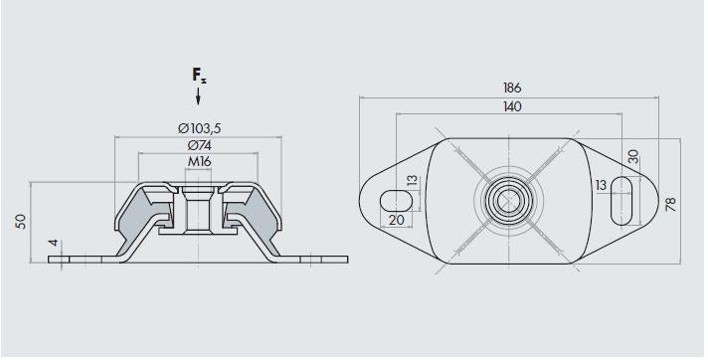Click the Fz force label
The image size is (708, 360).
[199, 76]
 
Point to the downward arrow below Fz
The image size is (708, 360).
[198, 96]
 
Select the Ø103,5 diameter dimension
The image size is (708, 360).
[200, 128]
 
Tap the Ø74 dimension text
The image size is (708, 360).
[200, 145]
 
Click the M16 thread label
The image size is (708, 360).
[199, 161]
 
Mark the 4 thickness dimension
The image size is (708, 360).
[54, 243]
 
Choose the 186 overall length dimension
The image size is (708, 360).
[511, 88]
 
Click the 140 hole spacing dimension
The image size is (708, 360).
[511, 106]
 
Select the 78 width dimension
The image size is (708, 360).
[671, 205]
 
